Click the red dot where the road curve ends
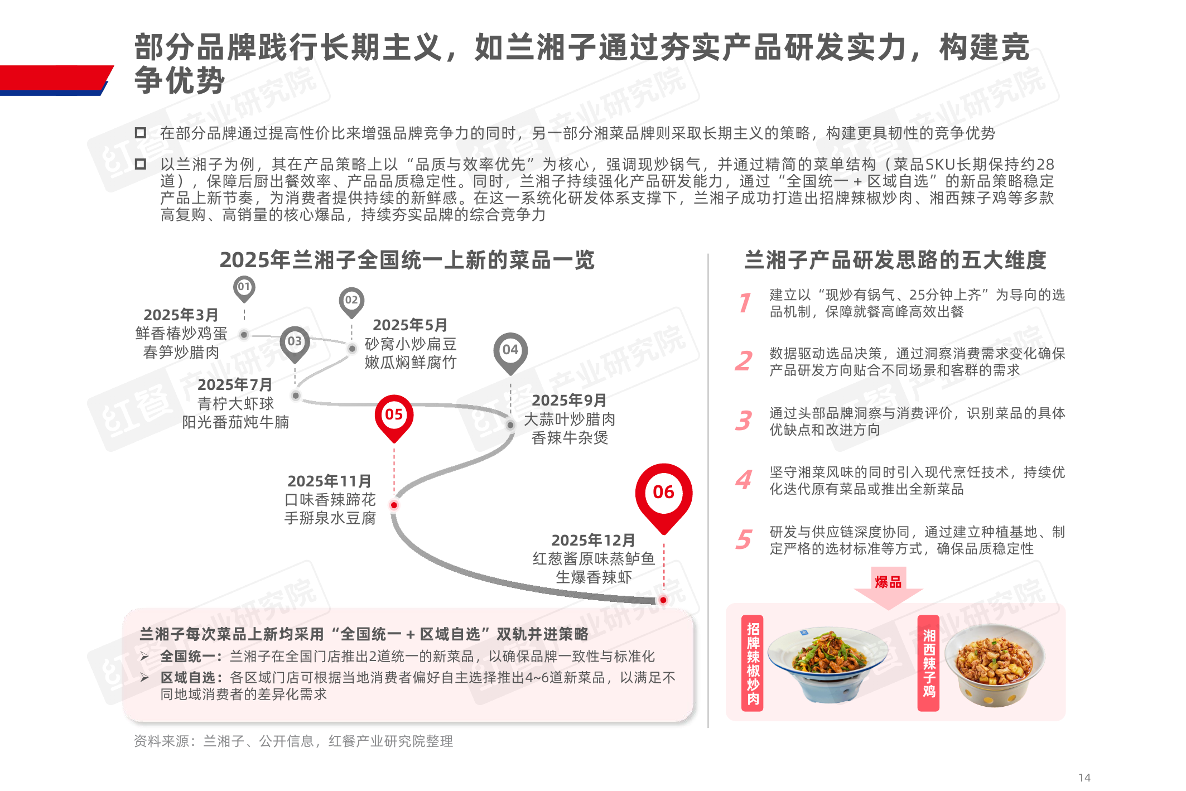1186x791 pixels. point(663,600)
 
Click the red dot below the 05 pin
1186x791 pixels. point(394,505)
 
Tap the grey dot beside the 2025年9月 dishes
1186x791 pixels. point(510,425)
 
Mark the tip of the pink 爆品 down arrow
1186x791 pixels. point(889,610)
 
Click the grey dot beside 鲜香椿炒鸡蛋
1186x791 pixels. point(244,335)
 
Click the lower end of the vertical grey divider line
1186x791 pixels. point(708,727)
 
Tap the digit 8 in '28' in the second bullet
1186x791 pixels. point(1049,165)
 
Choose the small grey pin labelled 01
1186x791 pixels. point(244,288)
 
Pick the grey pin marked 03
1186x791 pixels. point(295,344)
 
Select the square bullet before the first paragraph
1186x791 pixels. point(141,133)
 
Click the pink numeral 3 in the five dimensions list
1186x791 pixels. point(744,421)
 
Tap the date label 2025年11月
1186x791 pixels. point(329,481)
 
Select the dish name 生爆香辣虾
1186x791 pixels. point(594,577)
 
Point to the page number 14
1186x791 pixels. point(1084,777)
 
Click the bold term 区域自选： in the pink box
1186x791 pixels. point(192,677)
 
